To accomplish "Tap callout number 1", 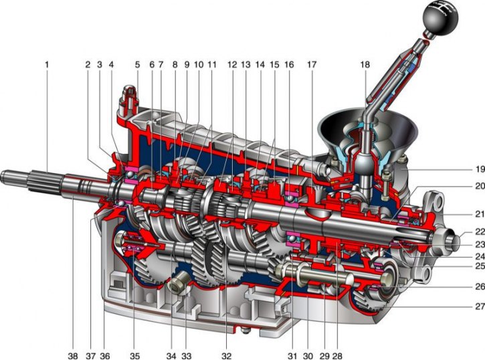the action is (x=47, y=65).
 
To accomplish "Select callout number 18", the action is (x=365, y=65).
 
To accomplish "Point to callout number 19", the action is (x=480, y=169).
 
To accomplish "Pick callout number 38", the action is (x=73, y=356).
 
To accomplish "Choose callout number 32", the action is (x=226, y=356).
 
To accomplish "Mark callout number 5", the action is (x=137, y=65).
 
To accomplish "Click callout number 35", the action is (x=135, y=356).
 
